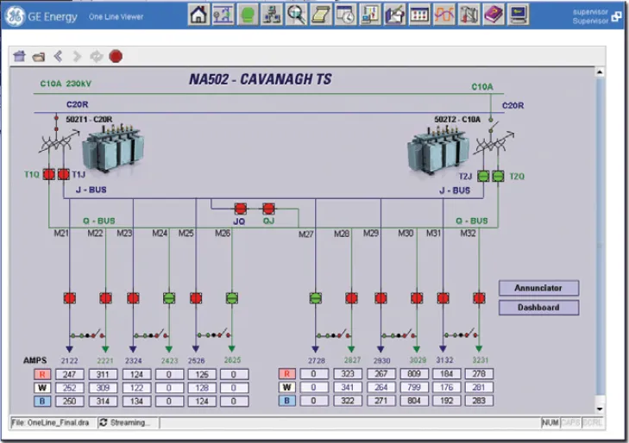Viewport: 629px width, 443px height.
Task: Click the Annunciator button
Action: [538, 288]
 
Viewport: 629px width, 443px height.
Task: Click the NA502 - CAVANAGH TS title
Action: [261, 80]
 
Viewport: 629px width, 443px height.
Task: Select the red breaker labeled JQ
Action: [241, 209]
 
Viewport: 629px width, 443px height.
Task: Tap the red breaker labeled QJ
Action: [268, 209]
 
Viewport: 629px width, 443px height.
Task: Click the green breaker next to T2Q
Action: [497, 176]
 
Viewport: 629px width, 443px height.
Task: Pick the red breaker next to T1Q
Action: [48, 175]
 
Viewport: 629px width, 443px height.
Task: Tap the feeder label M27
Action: [306, 234]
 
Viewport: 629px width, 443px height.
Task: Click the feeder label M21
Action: [62, 234]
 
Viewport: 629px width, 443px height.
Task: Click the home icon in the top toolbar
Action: [198, 14]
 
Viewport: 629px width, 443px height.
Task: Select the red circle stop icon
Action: [116, 57]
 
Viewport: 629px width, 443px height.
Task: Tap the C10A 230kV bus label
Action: [65, 84]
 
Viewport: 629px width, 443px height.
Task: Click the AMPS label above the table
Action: [35, 359]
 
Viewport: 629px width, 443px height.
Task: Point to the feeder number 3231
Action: [480, 359]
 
